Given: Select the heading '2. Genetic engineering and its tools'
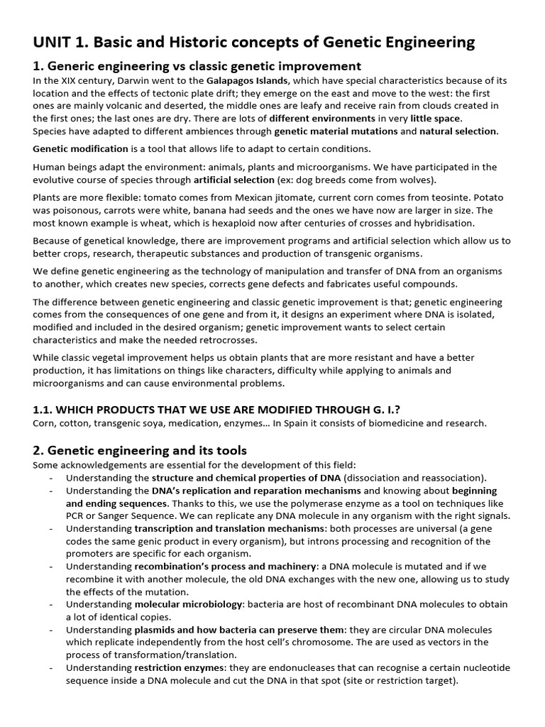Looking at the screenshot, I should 140,450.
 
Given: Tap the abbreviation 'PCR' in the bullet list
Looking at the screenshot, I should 76,516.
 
